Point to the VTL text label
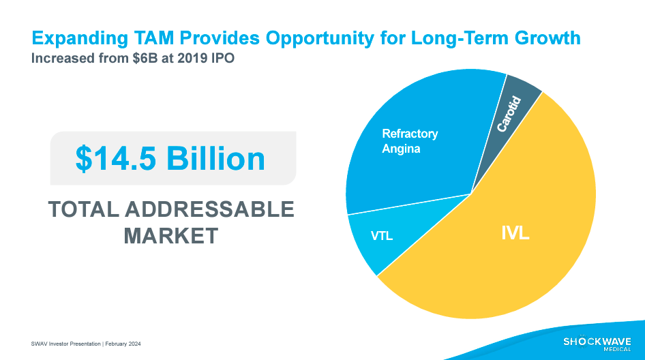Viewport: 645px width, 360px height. pos(382,237)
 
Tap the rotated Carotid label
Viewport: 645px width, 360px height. pos(509,114)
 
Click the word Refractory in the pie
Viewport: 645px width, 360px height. pos(410,134)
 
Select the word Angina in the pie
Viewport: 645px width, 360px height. pos(401,148)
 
